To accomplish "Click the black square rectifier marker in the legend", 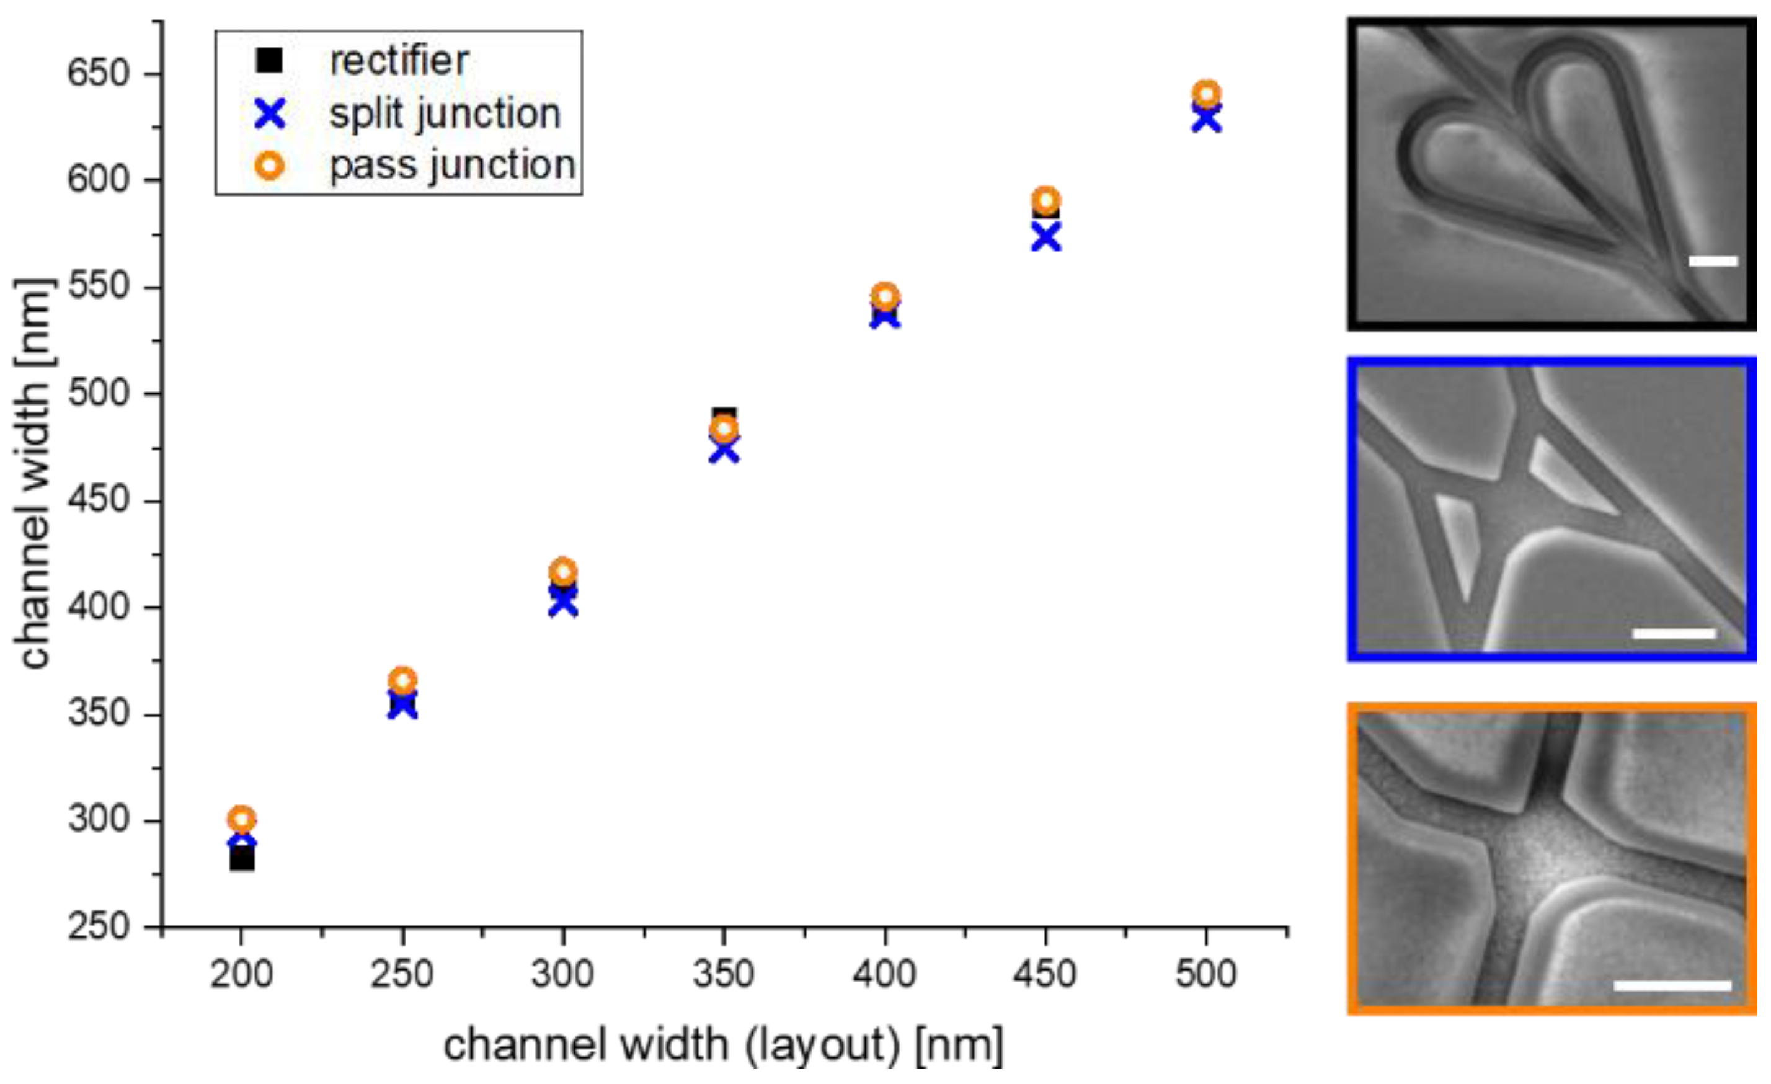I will [x=270, y=60].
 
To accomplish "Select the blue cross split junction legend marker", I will [x=270, y=113].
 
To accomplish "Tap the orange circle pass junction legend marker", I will [x=270, y=166].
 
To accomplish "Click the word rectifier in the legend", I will [x=399, y=60].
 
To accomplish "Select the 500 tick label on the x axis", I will [x=1206, y=975].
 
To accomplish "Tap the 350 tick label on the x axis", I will [x=723, y=975].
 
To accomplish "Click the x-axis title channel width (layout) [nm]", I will [x=723, y=1044].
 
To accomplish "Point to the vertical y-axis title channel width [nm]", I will [x=35, y=474].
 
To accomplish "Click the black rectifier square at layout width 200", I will [x=242, y=860].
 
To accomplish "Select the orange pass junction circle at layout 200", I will [x=242, y=819].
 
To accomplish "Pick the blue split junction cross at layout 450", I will [x=1045, y=238].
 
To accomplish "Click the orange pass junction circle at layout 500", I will [x=1207, y=94].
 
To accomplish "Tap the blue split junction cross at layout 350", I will [x=724, y=451].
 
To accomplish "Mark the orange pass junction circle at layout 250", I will [x=403, y=680].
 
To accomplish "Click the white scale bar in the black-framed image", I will [x=1713, y=261].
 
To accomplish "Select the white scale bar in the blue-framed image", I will [x=1675, y=633].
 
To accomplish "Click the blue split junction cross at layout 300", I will [x=564, y=604].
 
